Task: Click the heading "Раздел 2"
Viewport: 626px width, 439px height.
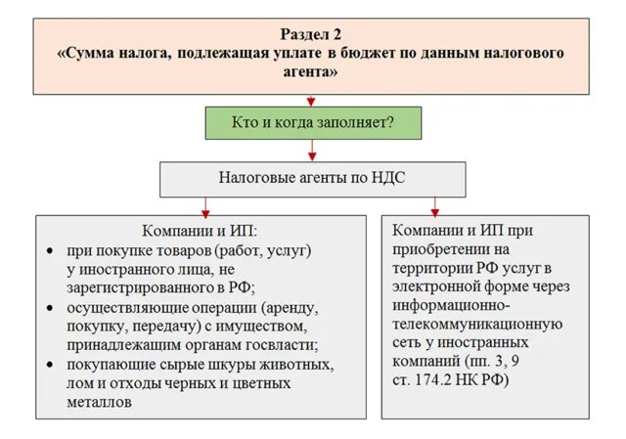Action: point(312,32)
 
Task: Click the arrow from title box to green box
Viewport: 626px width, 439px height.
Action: point(312,98)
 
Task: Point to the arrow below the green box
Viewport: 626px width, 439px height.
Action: point(312,152)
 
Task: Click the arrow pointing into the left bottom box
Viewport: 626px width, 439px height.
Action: point(205,206)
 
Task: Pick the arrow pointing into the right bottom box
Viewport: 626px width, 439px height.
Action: point(435,206)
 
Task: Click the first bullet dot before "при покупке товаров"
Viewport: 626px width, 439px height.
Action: point(50,250)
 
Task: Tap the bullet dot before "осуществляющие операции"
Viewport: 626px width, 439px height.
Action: point(50,306)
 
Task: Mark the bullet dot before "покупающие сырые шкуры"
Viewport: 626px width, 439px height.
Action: point(50,364)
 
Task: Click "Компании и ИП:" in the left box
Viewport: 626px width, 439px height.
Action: point(200,232)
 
